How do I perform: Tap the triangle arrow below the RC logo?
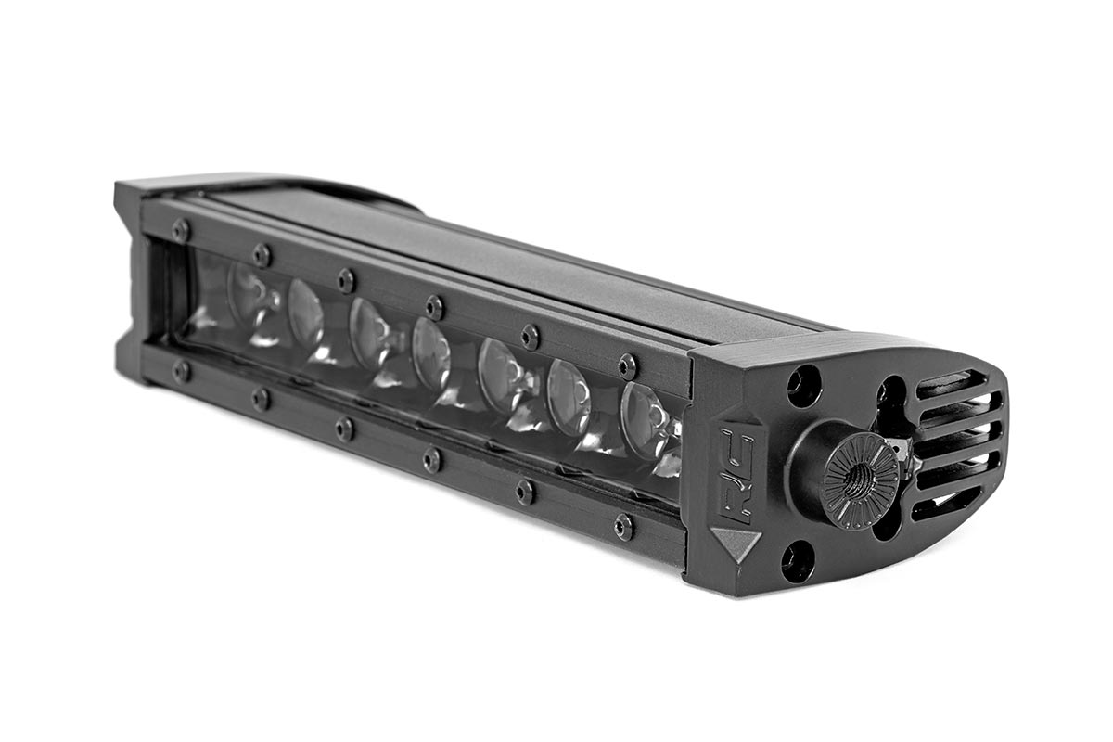(736, 541)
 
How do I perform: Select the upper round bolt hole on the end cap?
(803, 385)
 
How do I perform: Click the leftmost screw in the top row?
(180, 230)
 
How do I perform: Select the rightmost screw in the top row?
(628, 365)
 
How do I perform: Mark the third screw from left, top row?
(346, 279)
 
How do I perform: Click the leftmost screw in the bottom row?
(181, 371)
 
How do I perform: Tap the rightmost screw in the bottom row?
(624, 527)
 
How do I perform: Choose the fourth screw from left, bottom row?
(432, 459)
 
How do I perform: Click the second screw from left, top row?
(262, 254)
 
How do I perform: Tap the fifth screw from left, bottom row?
(526, 492)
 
